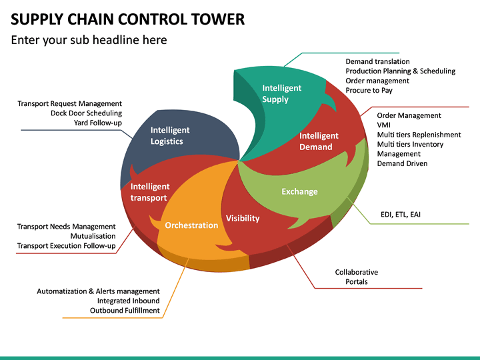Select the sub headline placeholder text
[89, 40]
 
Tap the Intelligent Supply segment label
[281, 93]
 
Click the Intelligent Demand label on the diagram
[319, 141]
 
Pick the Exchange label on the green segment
[299, 191]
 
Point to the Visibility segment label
[243, 218]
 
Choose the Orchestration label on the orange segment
[191, 225]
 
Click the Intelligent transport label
[150, 192]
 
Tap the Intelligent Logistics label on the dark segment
[170, 135]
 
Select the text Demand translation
[377, 61]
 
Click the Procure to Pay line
[368, 90]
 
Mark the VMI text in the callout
[385, 125]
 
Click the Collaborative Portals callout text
[356, 277]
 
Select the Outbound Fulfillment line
[125, 310]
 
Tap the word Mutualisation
[93, 236]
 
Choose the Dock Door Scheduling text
[86, 113]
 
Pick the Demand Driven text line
[402, 163]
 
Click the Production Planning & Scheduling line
[400, 71]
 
